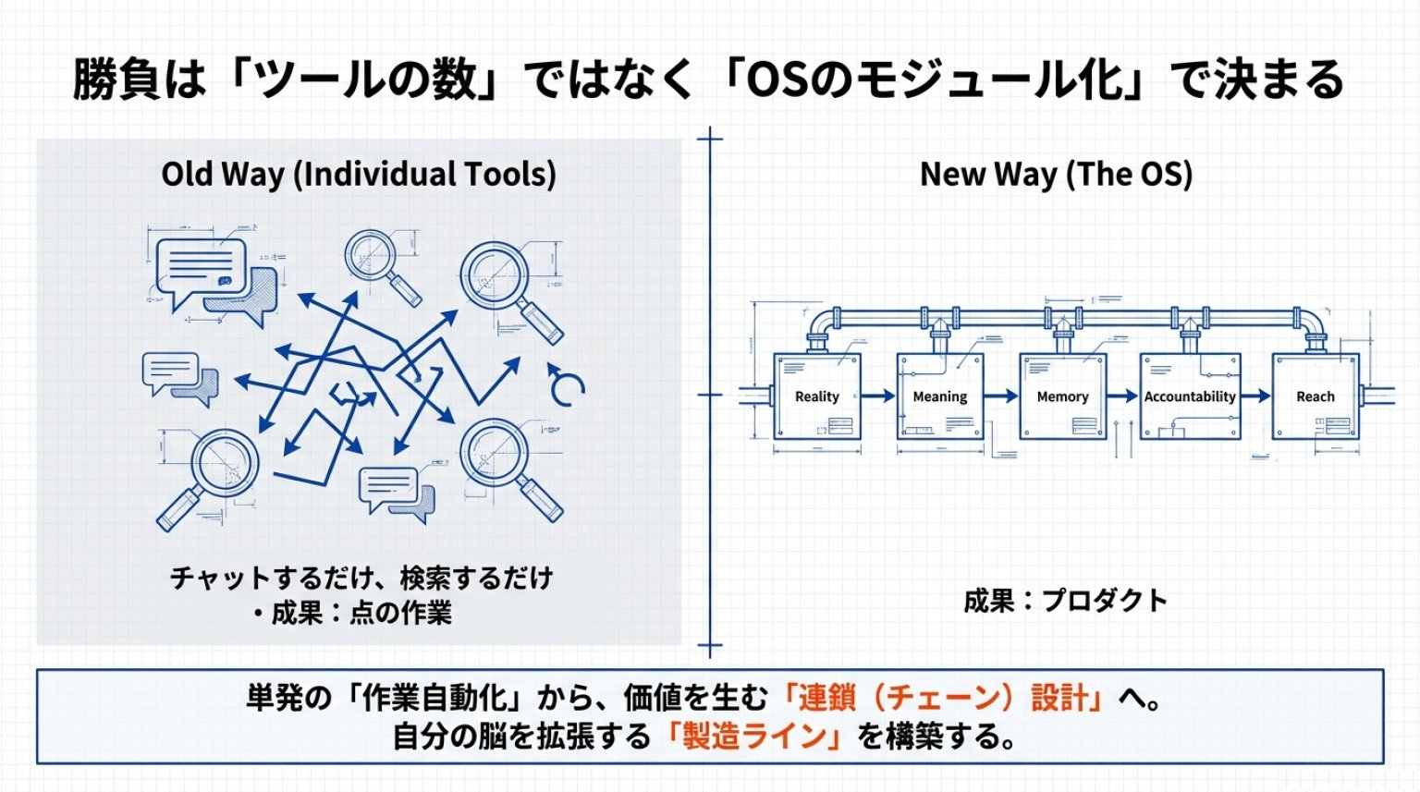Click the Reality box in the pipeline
(817, 396)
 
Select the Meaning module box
(939, 396)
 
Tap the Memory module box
(1062, 396)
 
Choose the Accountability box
(1190, 396)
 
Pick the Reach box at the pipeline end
(1315, 396)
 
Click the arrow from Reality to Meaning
(879, 396)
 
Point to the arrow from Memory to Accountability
(1123, 396)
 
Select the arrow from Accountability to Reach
(1256, 396)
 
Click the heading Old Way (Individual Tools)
(359, 174)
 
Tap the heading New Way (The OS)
(1056, 174)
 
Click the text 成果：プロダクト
(1065, 601)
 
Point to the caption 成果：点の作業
(361, 613)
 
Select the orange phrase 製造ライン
(754, 737)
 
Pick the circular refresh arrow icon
(565, 385)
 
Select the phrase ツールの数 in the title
(366, 79)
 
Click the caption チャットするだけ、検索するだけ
(361, 579)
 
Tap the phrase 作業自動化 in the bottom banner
(434, 697)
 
